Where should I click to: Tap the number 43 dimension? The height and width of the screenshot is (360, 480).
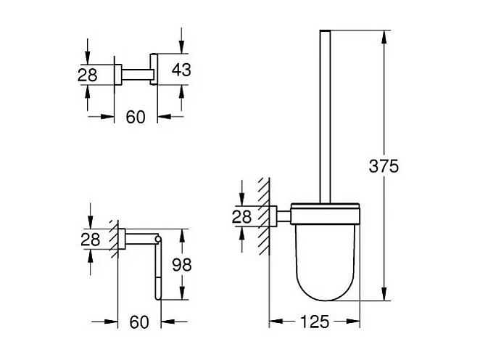pyautogui.click(x=182, y=70)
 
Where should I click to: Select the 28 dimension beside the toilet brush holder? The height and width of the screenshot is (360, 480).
pyautogui.click(x=242, y=216)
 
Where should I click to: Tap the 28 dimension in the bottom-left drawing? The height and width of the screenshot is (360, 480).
pyautogui.click(x=89, y=240)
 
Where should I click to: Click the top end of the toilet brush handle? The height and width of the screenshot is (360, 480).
pyautogui.click(x=324, y=33)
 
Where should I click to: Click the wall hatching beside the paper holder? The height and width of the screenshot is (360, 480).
pyautogui.click(x=113, y=240)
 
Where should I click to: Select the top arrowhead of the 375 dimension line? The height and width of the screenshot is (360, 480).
pyautogui.click(x=384, y=35)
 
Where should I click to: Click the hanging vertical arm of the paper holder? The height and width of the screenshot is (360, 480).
pyautogui.click(x=156, y=269)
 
